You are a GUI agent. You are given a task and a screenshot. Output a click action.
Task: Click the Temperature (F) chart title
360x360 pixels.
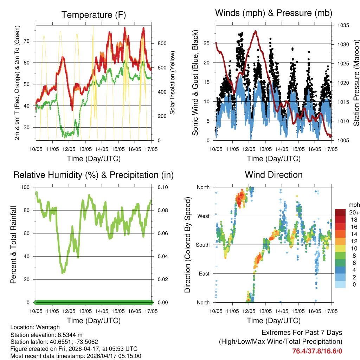(93, 15)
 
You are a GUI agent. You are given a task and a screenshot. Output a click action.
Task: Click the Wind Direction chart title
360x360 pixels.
(274, 175)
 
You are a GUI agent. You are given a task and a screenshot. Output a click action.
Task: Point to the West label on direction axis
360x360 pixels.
(204, 216)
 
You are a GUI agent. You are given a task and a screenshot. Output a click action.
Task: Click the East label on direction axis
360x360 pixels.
(204, 274)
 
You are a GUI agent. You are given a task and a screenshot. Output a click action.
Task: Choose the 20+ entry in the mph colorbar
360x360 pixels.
(354, 212)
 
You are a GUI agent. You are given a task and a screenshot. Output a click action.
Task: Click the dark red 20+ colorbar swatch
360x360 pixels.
(340, 212)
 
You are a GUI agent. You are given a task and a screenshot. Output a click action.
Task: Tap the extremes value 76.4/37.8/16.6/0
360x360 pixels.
(317, 351)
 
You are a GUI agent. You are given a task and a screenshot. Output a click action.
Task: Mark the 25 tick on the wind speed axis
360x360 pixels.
(207, 43)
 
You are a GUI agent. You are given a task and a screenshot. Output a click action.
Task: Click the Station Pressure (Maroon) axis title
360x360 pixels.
(356, 83)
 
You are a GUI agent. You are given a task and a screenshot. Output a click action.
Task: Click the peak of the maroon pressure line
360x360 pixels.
(256, 31)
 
